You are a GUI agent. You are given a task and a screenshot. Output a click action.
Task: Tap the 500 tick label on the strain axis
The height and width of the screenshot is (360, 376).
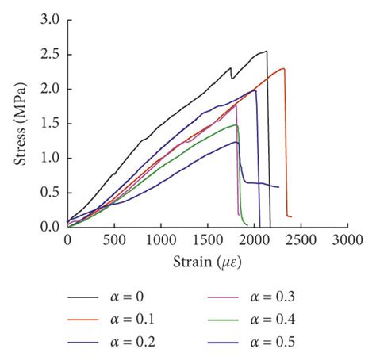(x=114, y=239)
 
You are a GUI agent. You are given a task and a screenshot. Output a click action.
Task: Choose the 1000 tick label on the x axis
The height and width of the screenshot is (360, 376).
(x=161, y=239)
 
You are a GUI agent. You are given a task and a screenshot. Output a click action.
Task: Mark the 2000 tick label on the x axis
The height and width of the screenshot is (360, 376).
(x=254, y=239)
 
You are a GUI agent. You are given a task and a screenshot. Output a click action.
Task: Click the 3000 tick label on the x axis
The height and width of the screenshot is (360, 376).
(x=347, y=239)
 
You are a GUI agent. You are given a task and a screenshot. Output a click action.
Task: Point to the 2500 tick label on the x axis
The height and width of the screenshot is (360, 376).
(x=301, y=239)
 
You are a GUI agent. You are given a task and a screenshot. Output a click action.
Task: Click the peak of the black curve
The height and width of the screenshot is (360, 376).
(x=267, y=52)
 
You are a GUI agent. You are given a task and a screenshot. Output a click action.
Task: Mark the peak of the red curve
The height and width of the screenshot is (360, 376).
(x=283, y=68)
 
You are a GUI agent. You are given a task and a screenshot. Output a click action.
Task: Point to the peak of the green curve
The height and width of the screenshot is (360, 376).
(x=236, y=124)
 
